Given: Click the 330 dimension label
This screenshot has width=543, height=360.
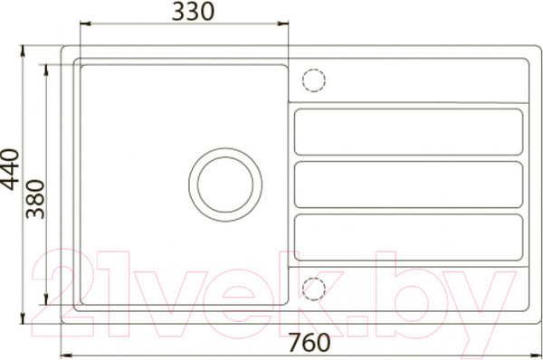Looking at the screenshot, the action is (194, 12).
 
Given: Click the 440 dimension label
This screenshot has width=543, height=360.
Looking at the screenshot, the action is (9, 170).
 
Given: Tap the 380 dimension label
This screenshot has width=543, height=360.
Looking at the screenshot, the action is (35, 199).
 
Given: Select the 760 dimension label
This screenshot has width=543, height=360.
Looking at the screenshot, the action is (310, 342).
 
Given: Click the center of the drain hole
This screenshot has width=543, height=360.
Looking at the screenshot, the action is (225, 185).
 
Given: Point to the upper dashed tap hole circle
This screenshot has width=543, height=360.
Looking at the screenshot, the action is (314, 81).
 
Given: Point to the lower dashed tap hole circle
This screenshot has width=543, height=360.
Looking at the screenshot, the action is (314, 289).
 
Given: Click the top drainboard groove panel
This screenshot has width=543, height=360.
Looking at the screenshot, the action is (408, 132).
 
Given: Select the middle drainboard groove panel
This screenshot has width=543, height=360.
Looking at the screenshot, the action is (408, 185).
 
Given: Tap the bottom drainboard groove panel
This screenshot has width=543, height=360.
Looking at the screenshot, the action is (408, 238).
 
